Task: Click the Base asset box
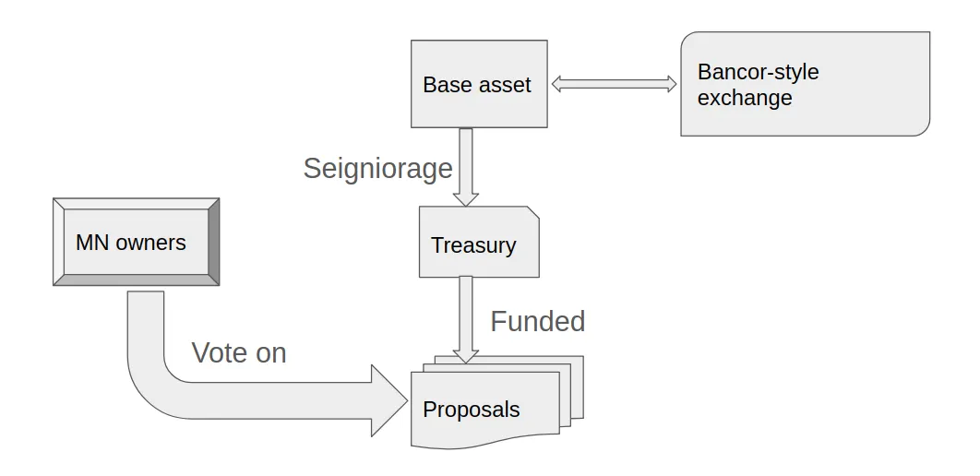(x=479, y=84)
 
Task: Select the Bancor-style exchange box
(x=805, y=84)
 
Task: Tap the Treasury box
(x=479, y=242)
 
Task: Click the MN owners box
(x=137, y=242)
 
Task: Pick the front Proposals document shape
(x=485, y=410)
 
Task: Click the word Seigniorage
(x=377, y=169)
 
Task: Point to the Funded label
(x=537, y=321)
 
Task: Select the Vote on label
(x=239, y=353)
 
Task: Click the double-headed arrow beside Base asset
(x=614, y=84)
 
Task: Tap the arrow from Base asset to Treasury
(x=466, y=167)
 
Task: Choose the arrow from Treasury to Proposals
(x=466, y=319)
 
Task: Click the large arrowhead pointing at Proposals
(x=388, y=400)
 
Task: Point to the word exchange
(x=745, y=98)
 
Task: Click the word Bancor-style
(x=759, y=72)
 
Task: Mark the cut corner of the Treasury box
(x=533, y=212)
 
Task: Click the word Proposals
(x=472, y=410)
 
